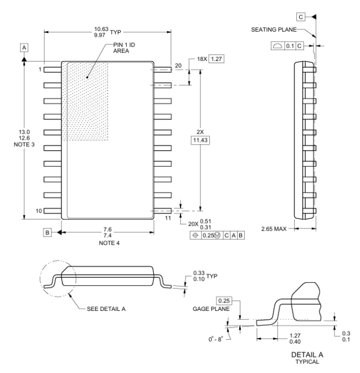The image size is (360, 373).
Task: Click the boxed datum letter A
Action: coord(24,48)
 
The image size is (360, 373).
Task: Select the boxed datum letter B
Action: coord(48,233)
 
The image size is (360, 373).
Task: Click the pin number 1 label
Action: coord(40,69)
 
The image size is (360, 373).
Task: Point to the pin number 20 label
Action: coord(178,66)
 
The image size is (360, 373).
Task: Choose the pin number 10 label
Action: coord(39,211)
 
